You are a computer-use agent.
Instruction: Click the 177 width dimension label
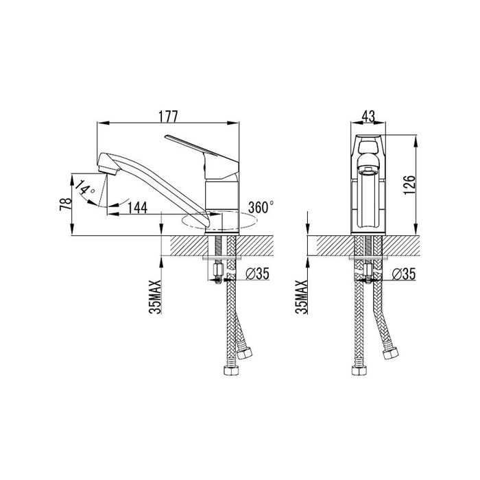(x=168, y=117)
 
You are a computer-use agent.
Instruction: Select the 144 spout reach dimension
(x=137, y=208)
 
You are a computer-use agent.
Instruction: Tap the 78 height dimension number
(x=66, y=204)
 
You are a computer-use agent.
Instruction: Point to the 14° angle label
(x=84, y=188)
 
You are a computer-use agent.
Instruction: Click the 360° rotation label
(x=261, y=208)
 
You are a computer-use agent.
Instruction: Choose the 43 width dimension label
(x=368, y=117)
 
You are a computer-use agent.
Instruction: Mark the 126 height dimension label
(x=409, y=185)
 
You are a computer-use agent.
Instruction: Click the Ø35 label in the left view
(x=257, y=274)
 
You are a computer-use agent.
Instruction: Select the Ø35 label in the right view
(x=404, y=274)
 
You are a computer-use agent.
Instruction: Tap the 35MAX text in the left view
(x=155, y=297)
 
